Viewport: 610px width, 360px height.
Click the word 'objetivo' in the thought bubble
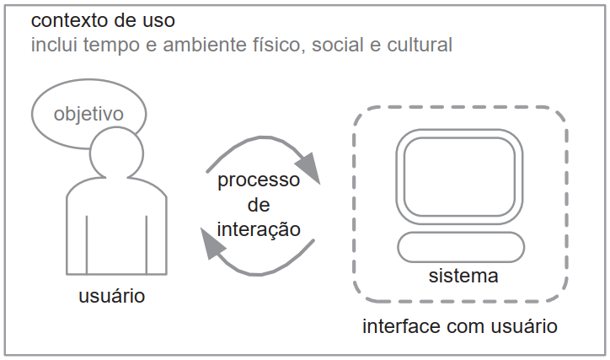(x=88, y=114)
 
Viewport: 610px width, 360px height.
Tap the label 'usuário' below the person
(x=112, y=295)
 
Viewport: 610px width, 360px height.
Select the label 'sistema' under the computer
(x=463, y=276)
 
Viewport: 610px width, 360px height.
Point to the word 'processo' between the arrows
(x=259, y=180)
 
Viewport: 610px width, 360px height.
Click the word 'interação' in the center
(x=259, y=228)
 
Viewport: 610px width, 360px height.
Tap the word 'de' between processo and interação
(x=259, y=205)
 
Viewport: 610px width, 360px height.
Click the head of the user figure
(x=116, y=153)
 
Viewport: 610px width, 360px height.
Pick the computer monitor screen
(x=459, y=177)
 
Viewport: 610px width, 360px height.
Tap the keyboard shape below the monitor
(x=461, y=247)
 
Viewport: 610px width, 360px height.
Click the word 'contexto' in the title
(x=70, y=20)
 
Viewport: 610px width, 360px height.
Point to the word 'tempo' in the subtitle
(x=111, y=46)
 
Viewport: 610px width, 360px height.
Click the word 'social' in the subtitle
(x=338, y=45)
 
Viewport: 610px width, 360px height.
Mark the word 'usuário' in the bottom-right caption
(x=524, y=325)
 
